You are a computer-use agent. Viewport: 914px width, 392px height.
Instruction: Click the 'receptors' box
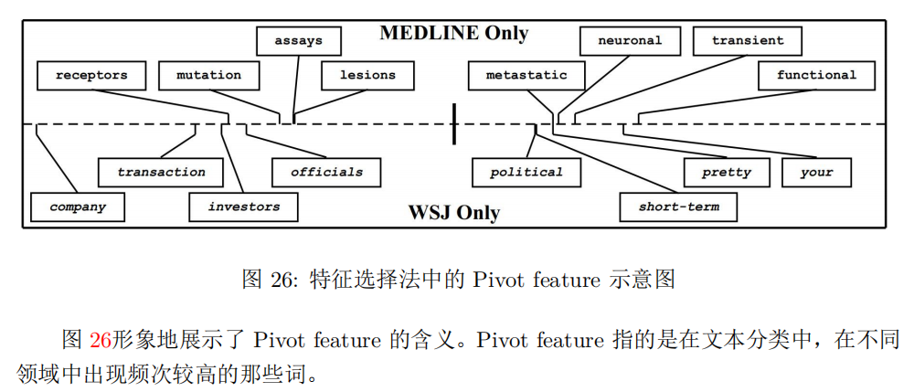pos(91,75)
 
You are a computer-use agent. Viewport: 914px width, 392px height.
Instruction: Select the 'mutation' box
pos(208,75)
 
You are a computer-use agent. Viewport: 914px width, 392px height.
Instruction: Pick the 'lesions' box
pos(367,75)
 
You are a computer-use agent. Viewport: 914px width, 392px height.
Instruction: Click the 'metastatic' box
pos(526,75)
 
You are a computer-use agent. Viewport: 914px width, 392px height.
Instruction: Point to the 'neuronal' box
pos(630,41)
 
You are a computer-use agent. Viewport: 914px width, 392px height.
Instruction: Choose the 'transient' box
pos(747,41)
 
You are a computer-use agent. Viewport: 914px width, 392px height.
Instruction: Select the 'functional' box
pos(816,75)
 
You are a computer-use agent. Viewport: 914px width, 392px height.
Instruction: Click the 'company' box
pos(78,207)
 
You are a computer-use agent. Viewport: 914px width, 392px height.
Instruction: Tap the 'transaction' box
pos(161,172)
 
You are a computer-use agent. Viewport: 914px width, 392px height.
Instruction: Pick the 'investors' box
pos(244,207)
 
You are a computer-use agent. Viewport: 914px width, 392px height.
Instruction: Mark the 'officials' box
pos(326,172)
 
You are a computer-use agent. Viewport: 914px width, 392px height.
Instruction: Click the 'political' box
pos(526,172)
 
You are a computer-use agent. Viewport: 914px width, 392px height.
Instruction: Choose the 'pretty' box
pos(726,172)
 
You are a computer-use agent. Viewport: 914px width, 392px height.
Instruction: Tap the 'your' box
pos(816,172)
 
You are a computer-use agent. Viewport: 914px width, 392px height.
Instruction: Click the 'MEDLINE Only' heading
pos(453,34)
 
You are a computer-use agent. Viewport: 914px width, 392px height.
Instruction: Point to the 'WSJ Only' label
pos(453,213)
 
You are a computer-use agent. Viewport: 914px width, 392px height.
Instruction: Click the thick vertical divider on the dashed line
pos(454,123)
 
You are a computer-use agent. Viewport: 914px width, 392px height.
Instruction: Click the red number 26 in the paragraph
pos(101,341)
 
